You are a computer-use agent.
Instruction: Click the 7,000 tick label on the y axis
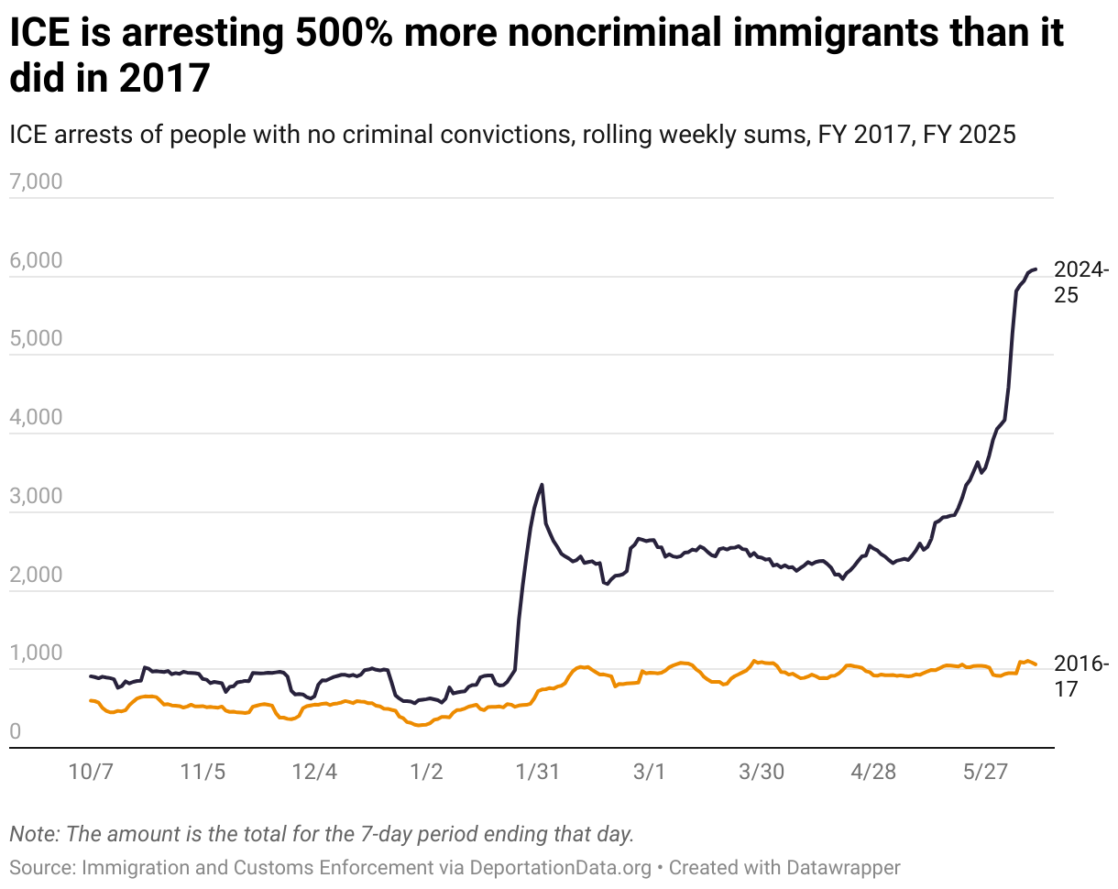[36, 181]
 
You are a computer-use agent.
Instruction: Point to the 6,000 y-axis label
[36, 261]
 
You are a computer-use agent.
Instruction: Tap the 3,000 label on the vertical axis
[36, 497]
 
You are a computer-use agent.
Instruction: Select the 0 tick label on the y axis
[16, 732]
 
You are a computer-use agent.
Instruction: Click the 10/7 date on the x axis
[91, 772]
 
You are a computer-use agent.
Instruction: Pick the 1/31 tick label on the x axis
[538, 772]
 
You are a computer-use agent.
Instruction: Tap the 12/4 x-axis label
[314, 772]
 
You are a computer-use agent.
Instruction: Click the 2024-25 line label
[1081, 282]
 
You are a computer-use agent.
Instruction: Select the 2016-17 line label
[1081, 675]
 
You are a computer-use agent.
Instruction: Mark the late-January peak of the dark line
[543, 484]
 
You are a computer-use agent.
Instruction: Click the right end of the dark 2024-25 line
[1035, 269]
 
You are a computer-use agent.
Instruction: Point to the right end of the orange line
[1035, 664]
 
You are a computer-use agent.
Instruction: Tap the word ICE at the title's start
[39, 35]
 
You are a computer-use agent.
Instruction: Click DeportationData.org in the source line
[560, 867]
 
